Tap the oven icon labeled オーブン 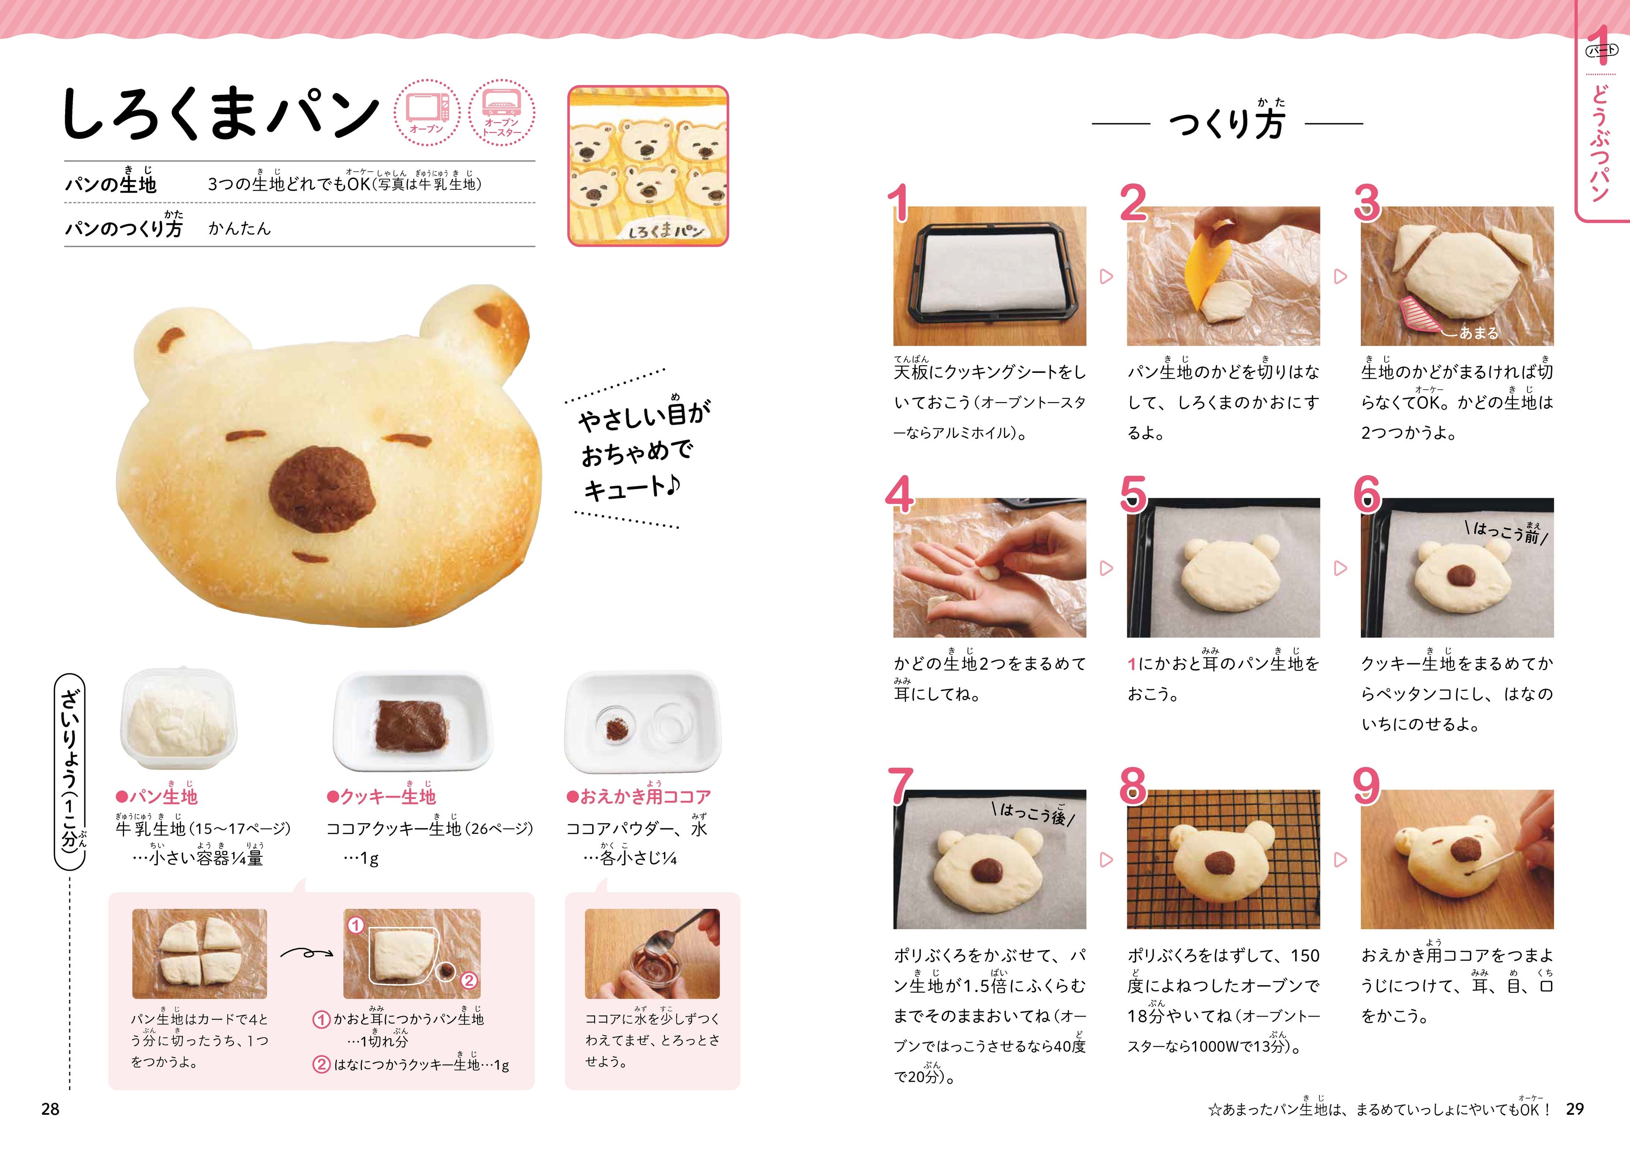tap(427, 112)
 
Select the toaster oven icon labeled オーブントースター tap(502, 112)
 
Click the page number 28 tap(51, 1109)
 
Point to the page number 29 tap(1575, 1109)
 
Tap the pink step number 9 tap(1367, 786)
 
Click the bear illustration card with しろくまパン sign tap(648, 166)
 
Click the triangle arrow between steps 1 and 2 tap(1106, 277)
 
